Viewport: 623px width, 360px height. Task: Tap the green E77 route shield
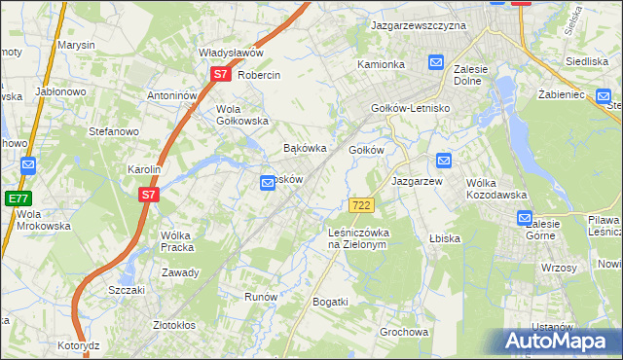tap(18, 198)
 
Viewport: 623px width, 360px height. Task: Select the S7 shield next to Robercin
tap(221, 74)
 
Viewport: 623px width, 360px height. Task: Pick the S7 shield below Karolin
tap(148, 195)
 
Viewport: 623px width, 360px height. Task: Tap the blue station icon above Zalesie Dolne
tap(436, 63)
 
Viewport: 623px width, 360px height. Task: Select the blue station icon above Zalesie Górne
tap(525, 219)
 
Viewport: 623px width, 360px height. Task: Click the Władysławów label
tap(232, 54)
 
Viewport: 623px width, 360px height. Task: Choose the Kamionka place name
tap(381, 64)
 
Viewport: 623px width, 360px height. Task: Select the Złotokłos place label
tap(177, 325)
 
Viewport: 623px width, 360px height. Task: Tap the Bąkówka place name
tap(303, 149)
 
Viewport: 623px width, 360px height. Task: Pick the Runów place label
tap(262, 297)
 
